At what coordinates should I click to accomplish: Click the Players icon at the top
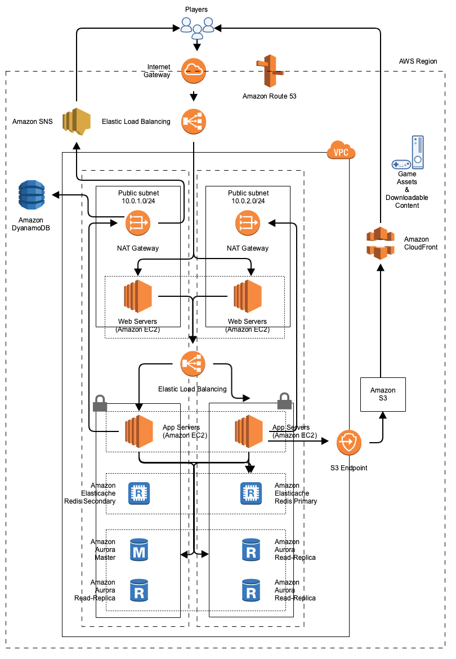[x=198, y=26]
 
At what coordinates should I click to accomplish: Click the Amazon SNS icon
[x=77, y=121]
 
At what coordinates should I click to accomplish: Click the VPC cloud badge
[x=341, y=151]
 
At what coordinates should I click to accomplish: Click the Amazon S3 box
[x=383, y=394]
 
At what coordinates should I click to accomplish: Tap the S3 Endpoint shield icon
[x=349, y=443]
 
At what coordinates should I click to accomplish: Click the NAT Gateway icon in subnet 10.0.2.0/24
[x=248, y=224]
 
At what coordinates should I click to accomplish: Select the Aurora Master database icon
[x=138, y=550]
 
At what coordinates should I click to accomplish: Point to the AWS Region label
[x=418, y=61]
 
